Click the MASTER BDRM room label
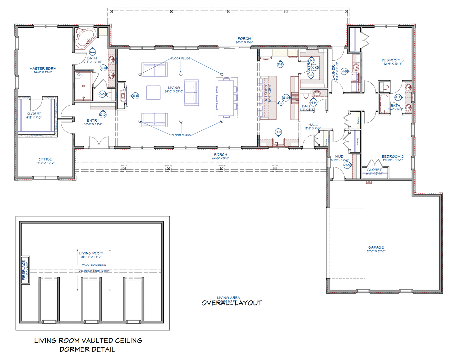pyautogui.click(x=43, y=69)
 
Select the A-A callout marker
pyautogui.click(x=92, y=52)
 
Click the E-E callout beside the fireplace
pyautogui.click(x=135, y=96)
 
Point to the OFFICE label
pyautogui.click(x=45, y=159)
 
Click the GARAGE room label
pyautogui.click(x=376, y=247)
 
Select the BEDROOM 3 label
pyautogui.click(x=392, y=60)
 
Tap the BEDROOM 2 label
pyautogui.click(x=392, y=157)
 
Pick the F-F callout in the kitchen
pyautogui.click(x=280, y=64)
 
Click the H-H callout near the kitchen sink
pyautogui.click(x=278, y=132)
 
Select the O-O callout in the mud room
pyautogui.click(x=347, y=165)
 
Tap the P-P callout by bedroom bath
pyautogui.click(x=398, y=97)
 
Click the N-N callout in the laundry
pyautogui.click(x=344, y=71)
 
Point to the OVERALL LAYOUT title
pyautogui.click(x=232, y=303)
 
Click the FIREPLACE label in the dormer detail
pyautogui.click(x=24, y=270)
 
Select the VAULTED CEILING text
pyautogui.click(x=94, y=265)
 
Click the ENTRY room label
pyautogui.click(x=93, y=121)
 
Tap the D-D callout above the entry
pyautogui.click(x=103, y=115)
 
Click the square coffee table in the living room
pyautogui.click(x=153, y=93)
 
